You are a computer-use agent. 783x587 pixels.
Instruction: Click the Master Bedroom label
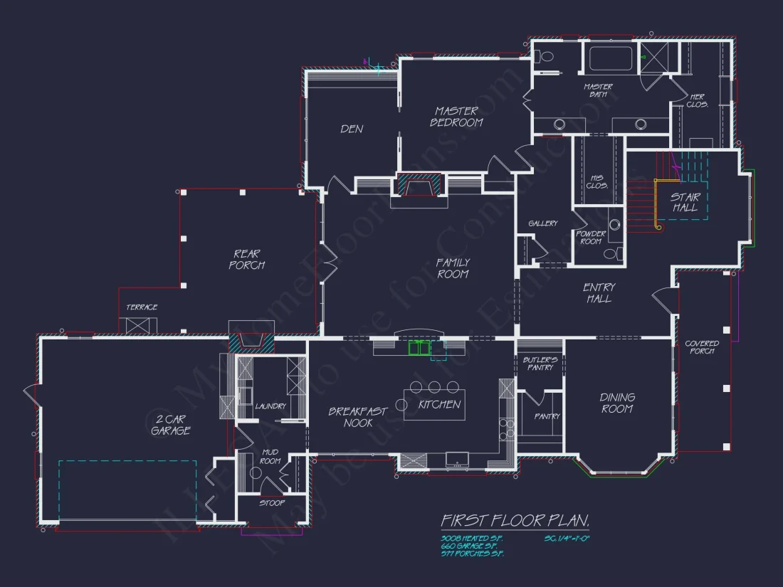456,117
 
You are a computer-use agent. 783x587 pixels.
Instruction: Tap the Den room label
352,129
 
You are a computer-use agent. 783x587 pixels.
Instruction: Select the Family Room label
453,268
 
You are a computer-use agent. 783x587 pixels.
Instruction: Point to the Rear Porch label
246,259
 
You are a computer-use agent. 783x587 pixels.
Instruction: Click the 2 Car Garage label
170,425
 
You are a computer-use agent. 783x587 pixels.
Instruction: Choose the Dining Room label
617,403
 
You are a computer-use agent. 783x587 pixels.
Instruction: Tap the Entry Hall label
599,293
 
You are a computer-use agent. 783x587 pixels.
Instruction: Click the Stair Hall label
685,203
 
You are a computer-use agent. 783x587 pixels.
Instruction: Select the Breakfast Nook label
357,417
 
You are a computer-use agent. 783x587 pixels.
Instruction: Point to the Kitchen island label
439,404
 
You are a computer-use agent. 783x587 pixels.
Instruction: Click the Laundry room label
270,406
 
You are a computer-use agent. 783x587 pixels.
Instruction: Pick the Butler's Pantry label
540,364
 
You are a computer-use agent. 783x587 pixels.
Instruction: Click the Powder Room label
591,237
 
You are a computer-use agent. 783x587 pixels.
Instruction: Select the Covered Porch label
702,347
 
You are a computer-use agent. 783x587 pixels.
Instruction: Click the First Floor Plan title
515,521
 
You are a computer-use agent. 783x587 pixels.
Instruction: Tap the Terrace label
142,307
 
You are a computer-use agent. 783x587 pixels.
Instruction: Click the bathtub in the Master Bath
610,58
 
